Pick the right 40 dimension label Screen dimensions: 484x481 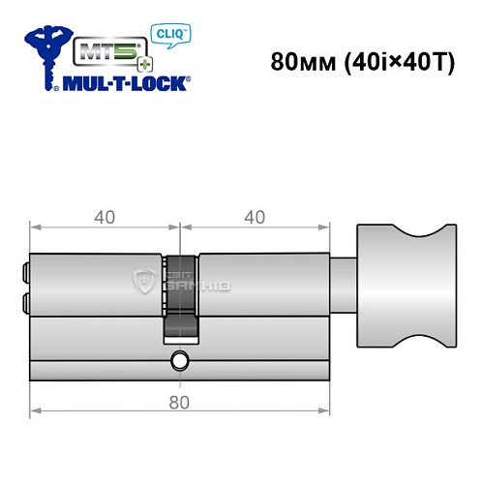click(255, 217)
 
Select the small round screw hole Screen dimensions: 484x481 click(180, 362)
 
